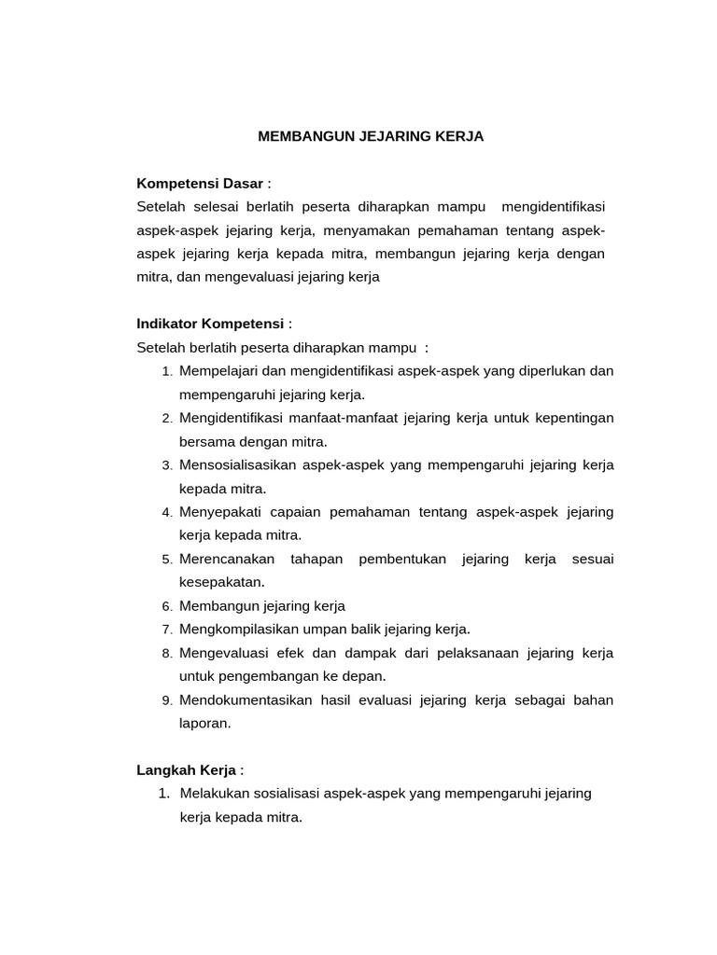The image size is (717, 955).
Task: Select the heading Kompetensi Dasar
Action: point(200,183)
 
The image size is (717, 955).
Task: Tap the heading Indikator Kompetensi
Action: point(210,324)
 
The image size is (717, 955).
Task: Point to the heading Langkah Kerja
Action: point(186,769)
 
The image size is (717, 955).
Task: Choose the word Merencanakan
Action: point(227,559)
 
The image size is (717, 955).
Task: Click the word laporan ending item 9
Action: point(204,723)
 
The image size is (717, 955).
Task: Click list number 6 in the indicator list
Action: point(166,606)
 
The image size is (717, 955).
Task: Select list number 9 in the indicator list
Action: point(166,700)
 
